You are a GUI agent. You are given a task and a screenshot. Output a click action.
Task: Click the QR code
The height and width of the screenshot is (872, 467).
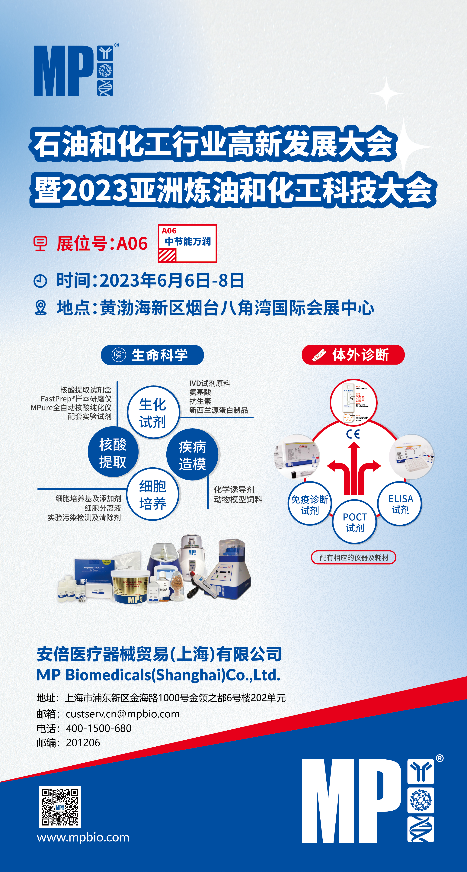59,807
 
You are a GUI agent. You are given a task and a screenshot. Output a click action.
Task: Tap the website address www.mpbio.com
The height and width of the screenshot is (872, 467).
83,838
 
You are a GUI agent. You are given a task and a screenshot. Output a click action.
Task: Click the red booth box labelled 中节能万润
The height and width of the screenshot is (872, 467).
187,243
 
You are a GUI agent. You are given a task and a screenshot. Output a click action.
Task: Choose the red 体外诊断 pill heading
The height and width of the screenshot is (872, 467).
353,355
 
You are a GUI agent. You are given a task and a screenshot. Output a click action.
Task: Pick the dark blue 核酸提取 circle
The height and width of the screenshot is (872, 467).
113,453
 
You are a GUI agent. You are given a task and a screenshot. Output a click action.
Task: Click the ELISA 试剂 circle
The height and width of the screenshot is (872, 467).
400,504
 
